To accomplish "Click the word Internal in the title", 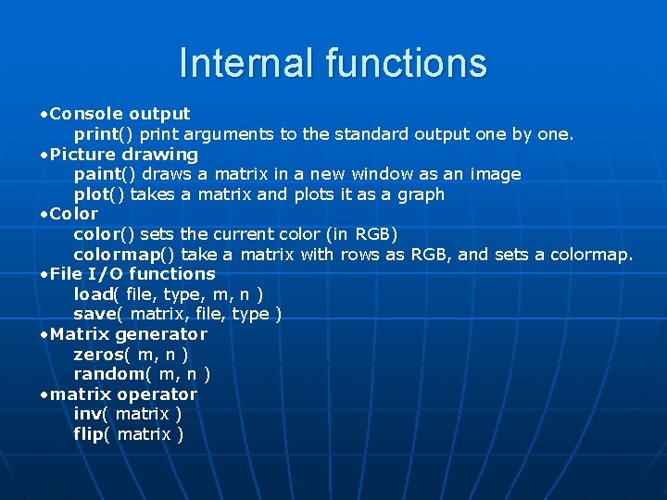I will click(x=246, y=63).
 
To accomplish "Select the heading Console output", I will click(x=120, y=114).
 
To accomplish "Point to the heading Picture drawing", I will click(x=124, y=154).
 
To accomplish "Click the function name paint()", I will click(x=105, y=174).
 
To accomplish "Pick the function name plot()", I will click(x=99, y=194).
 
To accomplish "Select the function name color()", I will click(x=103, y=234).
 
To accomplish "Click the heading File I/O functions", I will click(x=132, y=274).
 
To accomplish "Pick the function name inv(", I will click(x=92, y=414).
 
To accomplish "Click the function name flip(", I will click(x=93, y=434).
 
